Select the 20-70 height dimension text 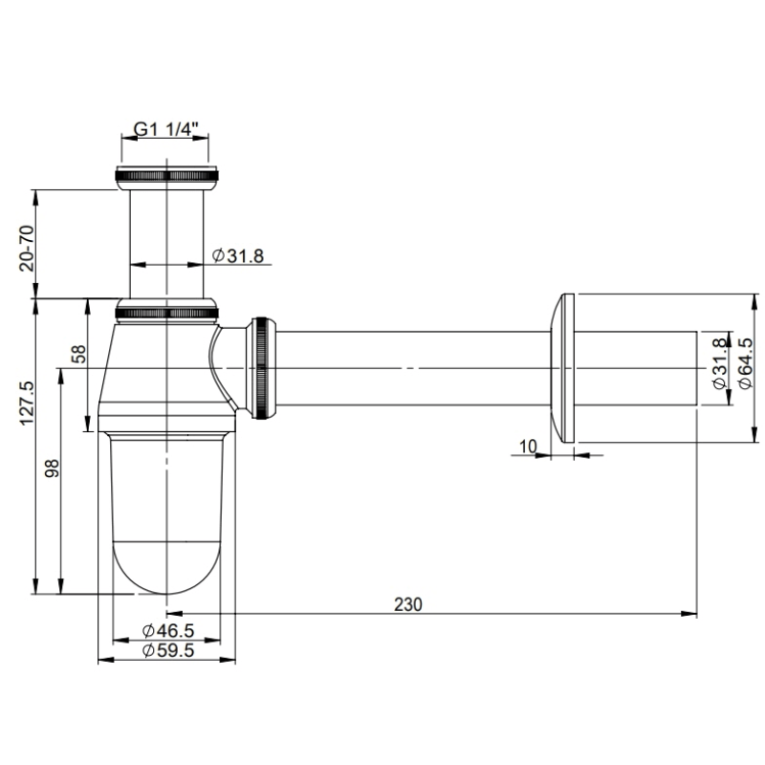click(x=27, y=248)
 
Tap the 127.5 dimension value click(x=27, y=403)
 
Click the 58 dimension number click(x=80, y=355)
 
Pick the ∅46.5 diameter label click(x=168, y=631)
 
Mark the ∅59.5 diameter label click(x=168, y=650)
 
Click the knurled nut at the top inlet click(x=166, y=176)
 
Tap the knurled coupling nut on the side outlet click(x=263, y=368)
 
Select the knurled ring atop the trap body click(x=166, y=311)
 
